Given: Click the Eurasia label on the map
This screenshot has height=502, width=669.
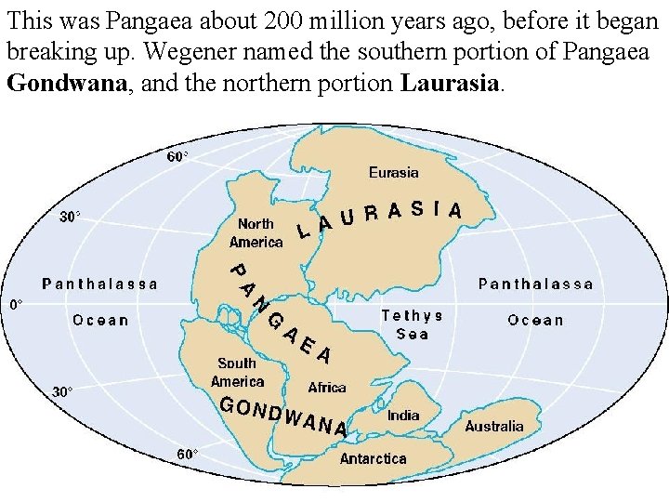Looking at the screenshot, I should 393,172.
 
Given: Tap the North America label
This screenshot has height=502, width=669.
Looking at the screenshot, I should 256,232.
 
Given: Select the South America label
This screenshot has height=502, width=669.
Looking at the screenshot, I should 237,372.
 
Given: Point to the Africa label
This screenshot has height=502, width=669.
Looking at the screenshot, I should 327,387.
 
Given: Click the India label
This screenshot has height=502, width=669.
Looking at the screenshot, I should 403,416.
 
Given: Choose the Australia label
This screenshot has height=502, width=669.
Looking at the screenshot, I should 493,426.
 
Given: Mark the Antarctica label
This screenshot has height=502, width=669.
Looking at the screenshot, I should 373,458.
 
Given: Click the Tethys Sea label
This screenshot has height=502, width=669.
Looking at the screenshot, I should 413,324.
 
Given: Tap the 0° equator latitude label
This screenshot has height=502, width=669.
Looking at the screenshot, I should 17,304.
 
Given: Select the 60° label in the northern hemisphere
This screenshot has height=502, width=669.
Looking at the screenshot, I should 177,156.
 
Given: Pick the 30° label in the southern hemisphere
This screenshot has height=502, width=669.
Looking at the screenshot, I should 61,391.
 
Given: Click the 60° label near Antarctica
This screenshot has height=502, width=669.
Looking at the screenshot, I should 188,454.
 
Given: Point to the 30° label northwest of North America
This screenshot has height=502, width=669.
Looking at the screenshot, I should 70,217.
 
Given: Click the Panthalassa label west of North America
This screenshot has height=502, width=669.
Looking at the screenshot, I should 100,284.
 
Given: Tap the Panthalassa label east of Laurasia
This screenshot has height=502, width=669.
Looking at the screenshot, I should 535,284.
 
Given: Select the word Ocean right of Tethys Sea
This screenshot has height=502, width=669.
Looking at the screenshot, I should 535,320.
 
